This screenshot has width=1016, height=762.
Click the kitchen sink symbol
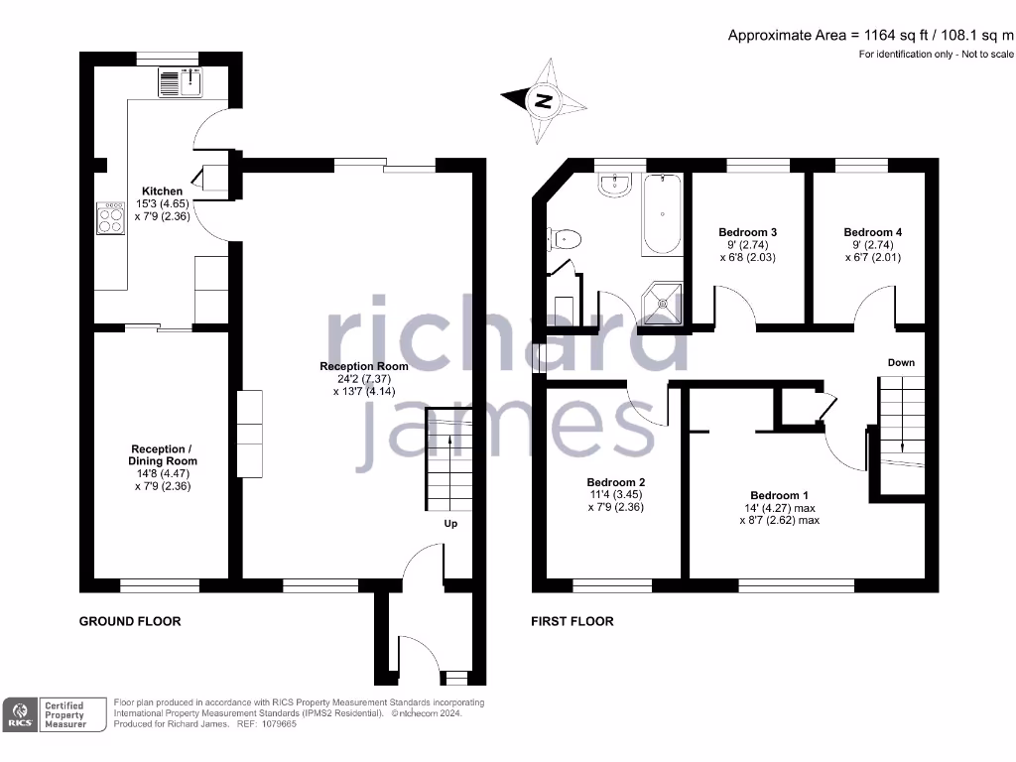pyautogui.click(x=180, y=82)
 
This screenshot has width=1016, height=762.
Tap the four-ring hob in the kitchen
pyautogui.click(x=110, y=218)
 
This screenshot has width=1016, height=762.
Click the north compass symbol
pyautogui.click(x=542, y=100)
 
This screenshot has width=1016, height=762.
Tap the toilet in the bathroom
pyautogui.click(x=565, y=238)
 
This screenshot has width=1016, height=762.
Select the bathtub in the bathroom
pyautogui.click(x=662, y=213)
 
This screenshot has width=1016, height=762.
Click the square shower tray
pyautogui.click(x=662, y=304)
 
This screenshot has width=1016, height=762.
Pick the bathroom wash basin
pyautogui.click(x=617, y=184)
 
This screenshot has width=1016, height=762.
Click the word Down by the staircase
pyautogui.click(x=901, y=363)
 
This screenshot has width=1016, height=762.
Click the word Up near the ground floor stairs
pyautogui.click(x=449, y=524)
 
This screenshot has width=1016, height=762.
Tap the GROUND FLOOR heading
pyautogui.click(x=130, y=621)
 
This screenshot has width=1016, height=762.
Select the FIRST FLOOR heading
pyautogui.click(x=572, y=621)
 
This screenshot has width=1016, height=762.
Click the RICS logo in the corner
pyautogui.click(x=21, y=715)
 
